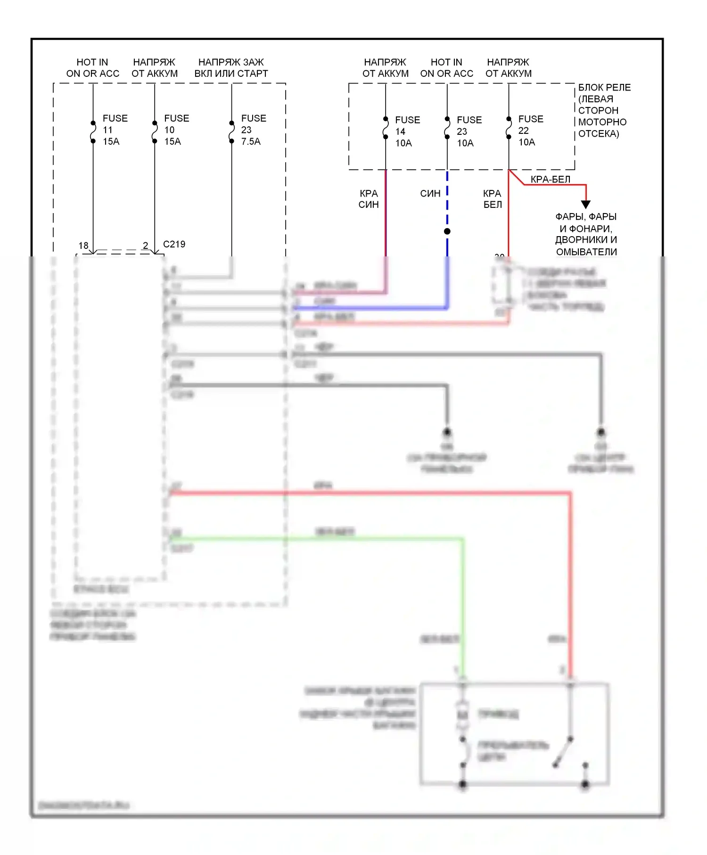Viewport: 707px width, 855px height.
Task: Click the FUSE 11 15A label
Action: tap(115, 130)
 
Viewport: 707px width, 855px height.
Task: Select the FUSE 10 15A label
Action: tap(176, 130)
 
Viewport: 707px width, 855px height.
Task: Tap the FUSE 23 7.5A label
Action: tap(253, 130)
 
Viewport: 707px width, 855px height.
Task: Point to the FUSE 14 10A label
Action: tap(407, 132)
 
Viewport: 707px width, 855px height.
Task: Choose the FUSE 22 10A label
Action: tap(530, 131)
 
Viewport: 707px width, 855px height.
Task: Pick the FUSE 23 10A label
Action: tap(469, 132)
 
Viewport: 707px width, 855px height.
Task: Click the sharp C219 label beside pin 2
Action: tap(174, 244)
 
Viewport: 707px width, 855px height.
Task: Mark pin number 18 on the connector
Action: tap(83, 246)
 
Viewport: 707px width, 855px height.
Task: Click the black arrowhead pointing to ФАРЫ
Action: tap(585, 204)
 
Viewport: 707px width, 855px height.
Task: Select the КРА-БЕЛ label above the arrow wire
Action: tap(550, 179)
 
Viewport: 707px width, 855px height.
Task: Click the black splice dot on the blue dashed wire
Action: tap(447, 231)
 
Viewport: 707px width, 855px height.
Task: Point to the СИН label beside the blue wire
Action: tap(430, 193)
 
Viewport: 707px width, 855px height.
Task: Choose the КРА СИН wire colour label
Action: tap(369, 199)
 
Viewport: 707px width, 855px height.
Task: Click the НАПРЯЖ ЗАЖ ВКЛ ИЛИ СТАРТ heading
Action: tap(231, 68)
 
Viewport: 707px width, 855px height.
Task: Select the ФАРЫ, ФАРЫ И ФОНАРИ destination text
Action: tap(586, 234)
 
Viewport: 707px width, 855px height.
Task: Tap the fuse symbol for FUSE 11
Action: tap(93, 132)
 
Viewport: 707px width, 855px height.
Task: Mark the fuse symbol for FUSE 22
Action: tap(509, 128)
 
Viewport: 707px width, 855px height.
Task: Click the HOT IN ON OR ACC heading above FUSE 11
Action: tap(92, 68)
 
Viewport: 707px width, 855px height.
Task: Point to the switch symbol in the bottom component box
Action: tap(563, 751)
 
